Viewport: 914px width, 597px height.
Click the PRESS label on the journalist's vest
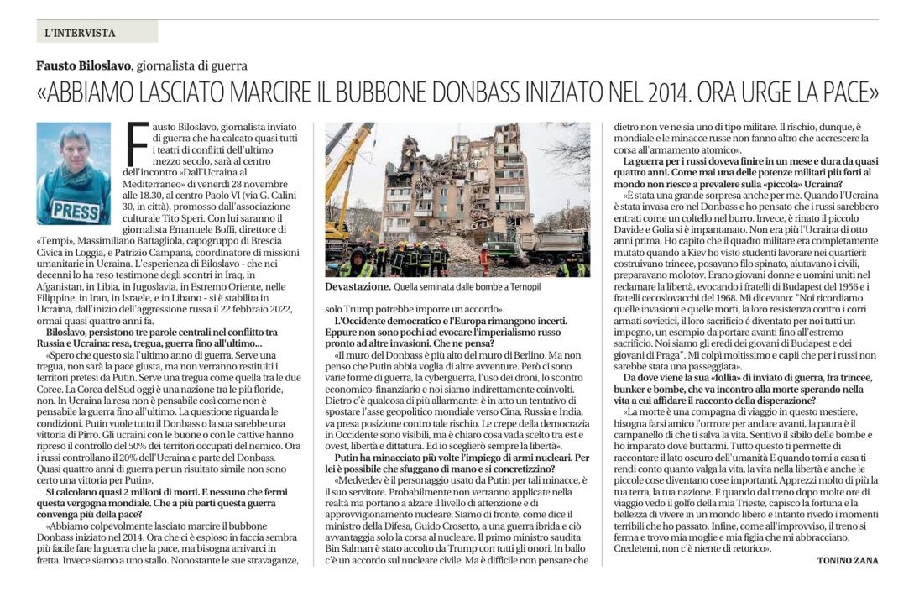[x=75, y=209]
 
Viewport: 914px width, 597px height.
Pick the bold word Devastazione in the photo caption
[x=356, y=286]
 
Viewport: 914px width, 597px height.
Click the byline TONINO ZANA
[x=847, y=561]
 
